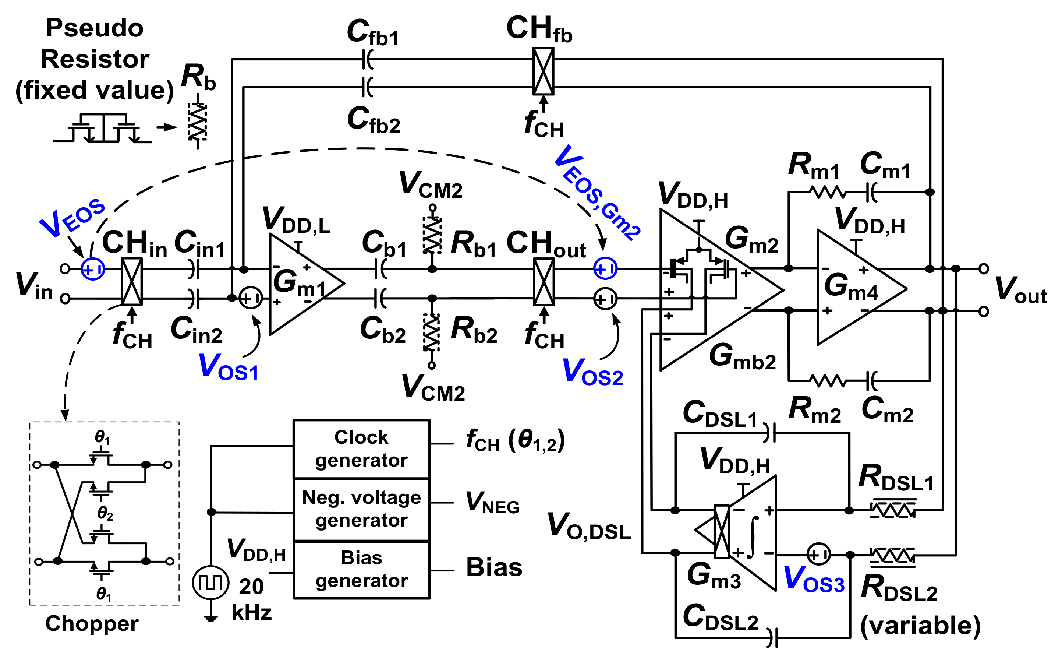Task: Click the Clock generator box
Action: [x=361, y=448]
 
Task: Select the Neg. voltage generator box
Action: [x=361, y=509]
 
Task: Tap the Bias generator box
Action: [x=361, y=569]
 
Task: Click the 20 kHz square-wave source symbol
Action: [x=210, y=583]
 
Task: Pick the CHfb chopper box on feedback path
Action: [x=543, y=71]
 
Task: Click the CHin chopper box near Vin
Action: [x=131, y=281]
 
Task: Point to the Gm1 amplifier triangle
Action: [x=299, y=284]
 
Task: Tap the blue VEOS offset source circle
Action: [x=93, y=269]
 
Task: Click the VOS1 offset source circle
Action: [x=251, y=298]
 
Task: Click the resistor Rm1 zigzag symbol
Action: [x=827, y=192]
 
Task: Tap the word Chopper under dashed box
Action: [x=92, y=623]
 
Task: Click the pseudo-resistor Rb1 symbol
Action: [x=432, y=235]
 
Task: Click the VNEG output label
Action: [x=492, y=502]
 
